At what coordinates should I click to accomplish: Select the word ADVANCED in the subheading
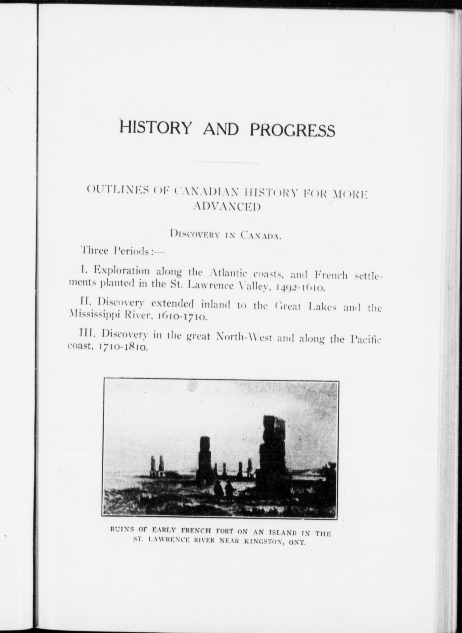227,207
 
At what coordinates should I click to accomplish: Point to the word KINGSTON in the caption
262,541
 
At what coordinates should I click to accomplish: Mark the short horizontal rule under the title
226,162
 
